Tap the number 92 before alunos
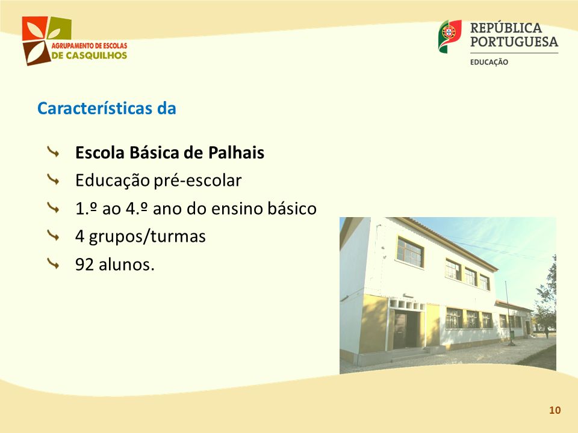coord(84,265)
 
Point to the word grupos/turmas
coord(147,237)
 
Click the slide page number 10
coord(555,410)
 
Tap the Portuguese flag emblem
coord(450,36)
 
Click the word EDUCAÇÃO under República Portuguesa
coord(489,62)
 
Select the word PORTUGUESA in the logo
coord(514,41)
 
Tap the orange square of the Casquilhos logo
coord(34,28)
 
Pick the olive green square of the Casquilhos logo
coord(60,28)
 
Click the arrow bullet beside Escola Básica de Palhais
coord(54,152)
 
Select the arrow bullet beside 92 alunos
coord(54,263)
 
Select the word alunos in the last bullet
coord(126,265)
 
